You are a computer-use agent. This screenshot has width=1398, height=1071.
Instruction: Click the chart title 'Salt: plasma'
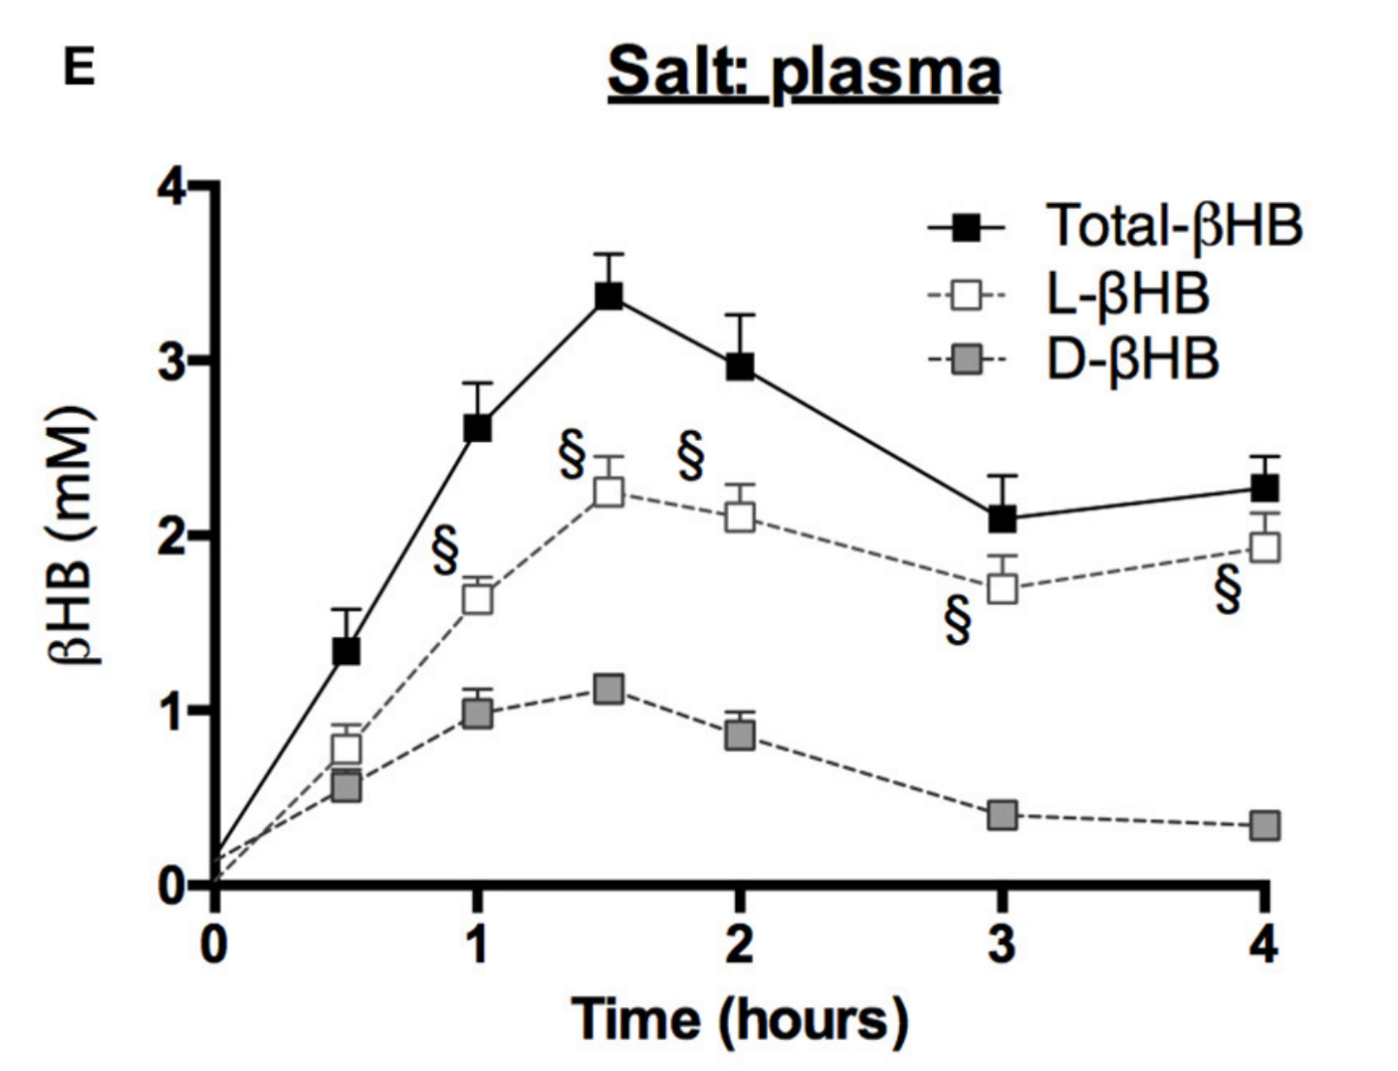(804, 73)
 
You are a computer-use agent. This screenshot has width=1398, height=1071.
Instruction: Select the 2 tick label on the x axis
(739, 943)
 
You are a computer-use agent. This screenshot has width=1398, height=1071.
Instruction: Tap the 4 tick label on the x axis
(1263, 943)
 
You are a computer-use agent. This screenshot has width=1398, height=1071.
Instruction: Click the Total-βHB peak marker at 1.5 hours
(609, 295)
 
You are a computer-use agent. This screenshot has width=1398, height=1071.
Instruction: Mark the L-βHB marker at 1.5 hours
(609, 492)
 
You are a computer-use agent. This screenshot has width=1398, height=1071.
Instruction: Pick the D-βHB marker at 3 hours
(1002, 815)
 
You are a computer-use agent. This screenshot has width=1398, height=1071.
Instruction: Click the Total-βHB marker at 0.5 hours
(346, 651)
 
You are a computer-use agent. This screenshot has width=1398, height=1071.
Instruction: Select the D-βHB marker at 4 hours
(1264, 825)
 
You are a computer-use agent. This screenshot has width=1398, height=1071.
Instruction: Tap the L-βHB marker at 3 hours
(1002, 588)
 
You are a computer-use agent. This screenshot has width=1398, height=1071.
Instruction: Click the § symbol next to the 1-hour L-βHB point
(445, 551)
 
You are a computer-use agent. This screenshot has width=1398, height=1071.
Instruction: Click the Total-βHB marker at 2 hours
(740, 367)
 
